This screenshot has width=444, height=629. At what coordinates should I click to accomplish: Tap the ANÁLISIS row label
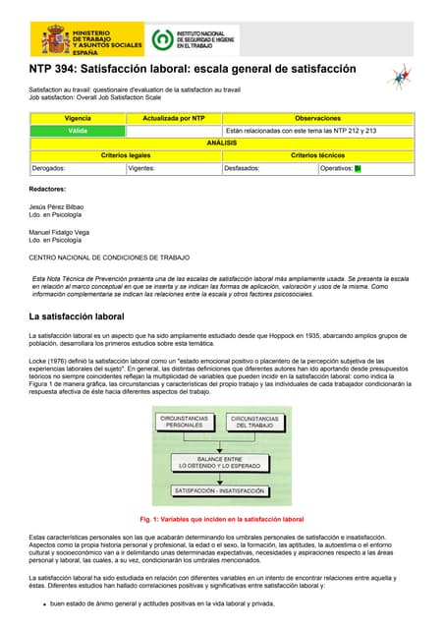pyautogui.click(x=221, y=143)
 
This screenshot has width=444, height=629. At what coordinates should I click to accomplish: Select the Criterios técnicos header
pyautogui.click(x=317, y=155)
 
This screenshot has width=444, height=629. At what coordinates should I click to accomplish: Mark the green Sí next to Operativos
pyautogui.click(x=358, y=168)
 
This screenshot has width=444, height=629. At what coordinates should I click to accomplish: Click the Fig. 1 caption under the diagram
pyautogui.click(x=222, y=519)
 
